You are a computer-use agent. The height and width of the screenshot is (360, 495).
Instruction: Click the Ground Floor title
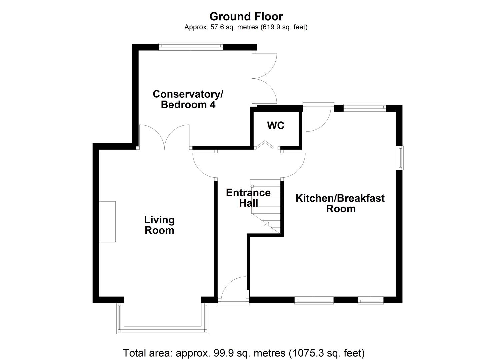[x=246, y=16]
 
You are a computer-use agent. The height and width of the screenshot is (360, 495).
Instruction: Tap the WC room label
[x=276, y=126]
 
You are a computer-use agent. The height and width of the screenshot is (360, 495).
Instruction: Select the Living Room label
[x=159, y=225]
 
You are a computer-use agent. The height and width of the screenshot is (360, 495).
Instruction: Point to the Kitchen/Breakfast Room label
[x=340, y=203]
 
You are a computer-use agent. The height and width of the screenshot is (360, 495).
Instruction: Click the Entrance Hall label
[x=248, y=198]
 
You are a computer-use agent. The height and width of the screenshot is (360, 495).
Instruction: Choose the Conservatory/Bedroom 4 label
[x=188, y=99]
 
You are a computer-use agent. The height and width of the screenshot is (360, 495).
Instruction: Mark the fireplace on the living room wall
[x=107, y=222]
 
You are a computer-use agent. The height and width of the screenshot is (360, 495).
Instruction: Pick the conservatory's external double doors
[x=265, y=78]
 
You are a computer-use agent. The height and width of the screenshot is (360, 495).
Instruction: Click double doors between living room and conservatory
[x=164, y=137]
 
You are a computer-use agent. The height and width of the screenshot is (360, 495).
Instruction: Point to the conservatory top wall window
[x=191, y=46]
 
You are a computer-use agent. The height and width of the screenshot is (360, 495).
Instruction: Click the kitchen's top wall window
[x=365, y=107]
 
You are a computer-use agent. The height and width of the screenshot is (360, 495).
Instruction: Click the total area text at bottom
[x=244, y=353]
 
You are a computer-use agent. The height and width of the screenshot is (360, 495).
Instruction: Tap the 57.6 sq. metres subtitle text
[x=246, y=27]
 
